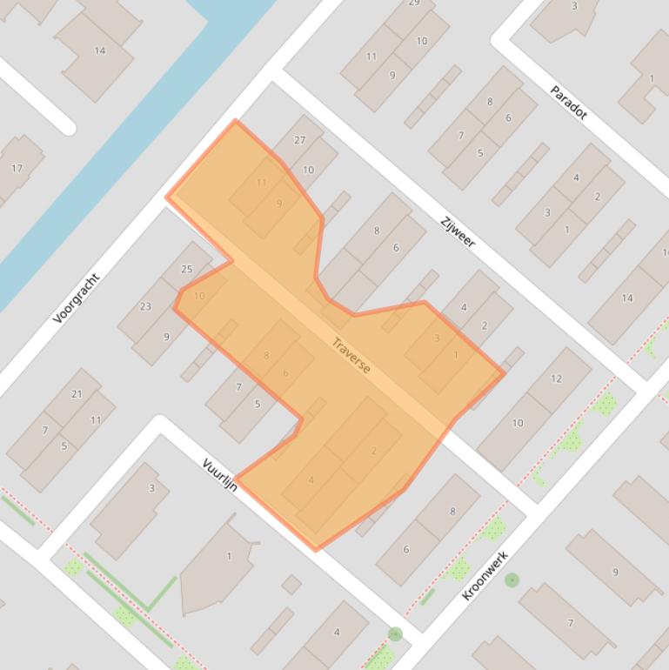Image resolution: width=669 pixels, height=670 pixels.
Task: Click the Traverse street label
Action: point(351,356)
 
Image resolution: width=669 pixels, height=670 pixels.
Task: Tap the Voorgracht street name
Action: point(76,298)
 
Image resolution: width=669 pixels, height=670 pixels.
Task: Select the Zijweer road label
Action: point(458,230)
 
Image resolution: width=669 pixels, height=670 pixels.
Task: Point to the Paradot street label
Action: point(569,102)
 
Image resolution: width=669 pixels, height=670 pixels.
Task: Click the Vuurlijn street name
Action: point(220,474)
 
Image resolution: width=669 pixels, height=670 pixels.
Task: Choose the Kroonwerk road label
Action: point(485,574)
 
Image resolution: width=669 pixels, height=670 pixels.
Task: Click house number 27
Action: point(300,140)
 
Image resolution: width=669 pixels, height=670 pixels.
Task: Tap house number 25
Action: point(186,269)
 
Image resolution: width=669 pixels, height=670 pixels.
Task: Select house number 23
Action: point(145,306)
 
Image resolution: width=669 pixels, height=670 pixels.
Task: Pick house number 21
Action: point(77,394)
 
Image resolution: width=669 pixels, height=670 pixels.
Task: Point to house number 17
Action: point(17,168)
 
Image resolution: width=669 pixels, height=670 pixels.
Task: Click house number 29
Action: point(414,3)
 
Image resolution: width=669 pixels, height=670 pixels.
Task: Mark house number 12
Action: point(556,379)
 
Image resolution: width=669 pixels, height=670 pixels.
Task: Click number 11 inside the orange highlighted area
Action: point(262,183)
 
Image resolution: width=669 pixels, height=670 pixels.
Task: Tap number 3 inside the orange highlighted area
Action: point(437,338)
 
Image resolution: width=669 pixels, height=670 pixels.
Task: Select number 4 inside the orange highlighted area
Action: point(311,480)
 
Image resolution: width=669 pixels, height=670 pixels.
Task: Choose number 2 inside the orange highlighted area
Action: point(374,451)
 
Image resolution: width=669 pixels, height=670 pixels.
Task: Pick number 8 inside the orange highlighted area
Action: point(266,355)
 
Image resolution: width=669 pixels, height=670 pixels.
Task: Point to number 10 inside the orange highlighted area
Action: point(199,296)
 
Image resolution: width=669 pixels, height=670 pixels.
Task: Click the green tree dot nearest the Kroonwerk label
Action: point(512,580)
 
